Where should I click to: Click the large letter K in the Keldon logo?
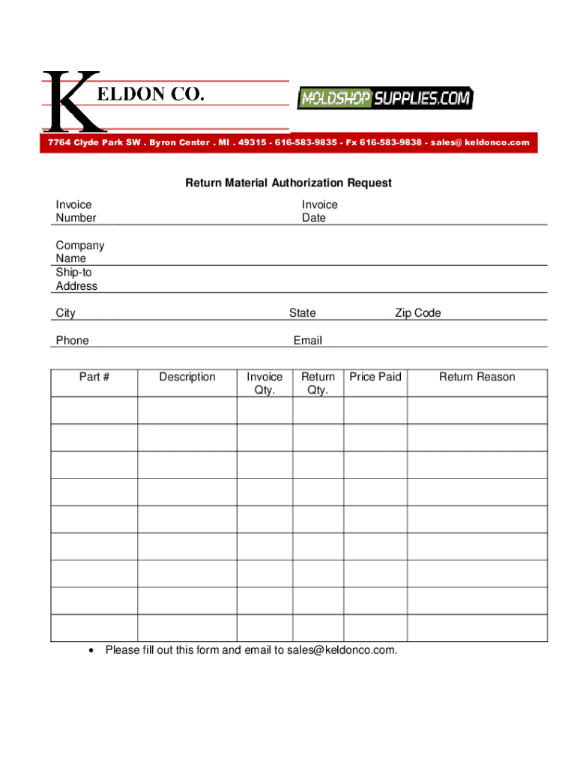click(x=70, y=101)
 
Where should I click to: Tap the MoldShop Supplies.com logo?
click(x=384, y=98)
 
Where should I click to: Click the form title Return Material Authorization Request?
click(x=288, y=183)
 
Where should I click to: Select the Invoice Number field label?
click(x=76, y=211)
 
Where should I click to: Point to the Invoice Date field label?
click(x=319, y=211)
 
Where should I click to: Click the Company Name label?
click(x=79, y=252)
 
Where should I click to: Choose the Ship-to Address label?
click(x=76, y=279)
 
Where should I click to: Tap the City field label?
click(x=65, y=313)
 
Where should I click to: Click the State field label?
click(x=302, y=313)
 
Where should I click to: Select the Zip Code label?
click(x=418, y=313)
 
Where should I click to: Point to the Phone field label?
click(x=72, y=341)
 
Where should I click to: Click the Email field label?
click(x=307, y=341)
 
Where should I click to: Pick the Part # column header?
click(x=94, y=377)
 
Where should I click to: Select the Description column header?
click(x=187, y=377)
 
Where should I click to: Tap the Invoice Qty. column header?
click(x=265, y=383)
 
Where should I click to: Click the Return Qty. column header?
click(x=318, y=383)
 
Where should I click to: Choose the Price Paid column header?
click(x=375, y=377)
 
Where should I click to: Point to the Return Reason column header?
click(x=477, y=377)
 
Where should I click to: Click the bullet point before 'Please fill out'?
click(x=91, y=650)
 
